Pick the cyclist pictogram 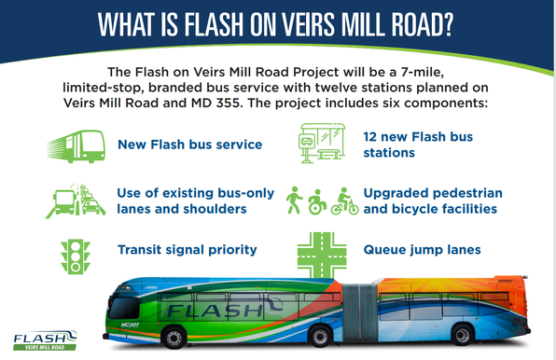pos(345,200)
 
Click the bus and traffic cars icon pos(74,199)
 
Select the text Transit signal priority pos(187,250)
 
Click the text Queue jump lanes pos(422,250)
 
